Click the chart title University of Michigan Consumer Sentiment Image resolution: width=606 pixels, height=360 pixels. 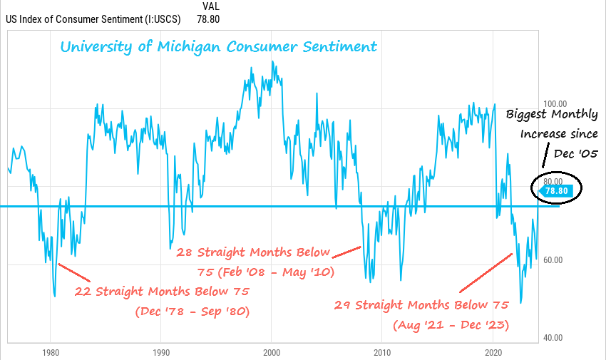pos(218,48)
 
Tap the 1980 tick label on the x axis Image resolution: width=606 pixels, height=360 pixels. pos(50,353)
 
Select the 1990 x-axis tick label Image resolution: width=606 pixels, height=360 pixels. pos(161,353)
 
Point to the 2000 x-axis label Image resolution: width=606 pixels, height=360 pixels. pos(272,353)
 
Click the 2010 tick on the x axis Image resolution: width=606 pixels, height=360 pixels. pos(383,353)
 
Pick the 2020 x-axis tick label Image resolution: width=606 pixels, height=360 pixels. pos(494,353)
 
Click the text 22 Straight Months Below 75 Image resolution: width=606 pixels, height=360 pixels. pos(162,291)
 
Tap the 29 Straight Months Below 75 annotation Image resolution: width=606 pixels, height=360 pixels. pos(421,305)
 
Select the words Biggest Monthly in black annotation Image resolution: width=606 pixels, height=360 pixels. pos(552,115)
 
